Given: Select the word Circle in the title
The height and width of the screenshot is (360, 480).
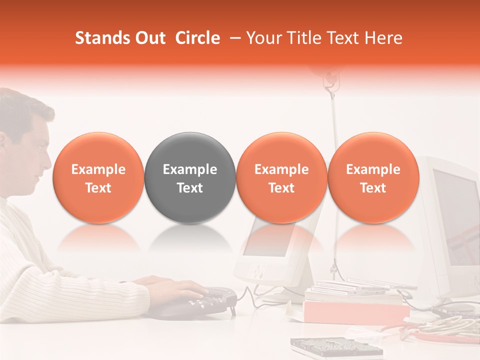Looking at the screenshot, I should tap(197, 38).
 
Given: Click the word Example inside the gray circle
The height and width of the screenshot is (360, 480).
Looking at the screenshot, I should tap(190, 169).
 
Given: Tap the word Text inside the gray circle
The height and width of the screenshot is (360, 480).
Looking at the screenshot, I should tap(190, 188).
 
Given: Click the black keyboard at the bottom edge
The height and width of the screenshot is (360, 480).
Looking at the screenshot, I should tap(335, 347).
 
